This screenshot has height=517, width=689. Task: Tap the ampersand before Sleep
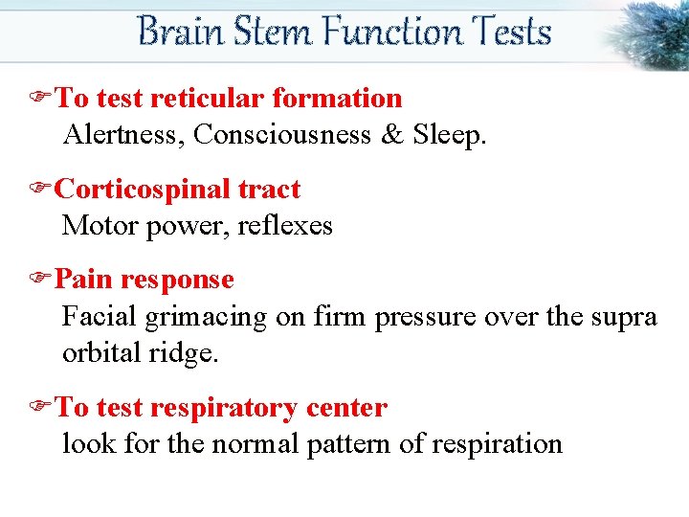click(x=392, y=135)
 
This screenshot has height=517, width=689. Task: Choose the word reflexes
click(x=293, y=226)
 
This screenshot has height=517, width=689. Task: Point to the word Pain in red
click(x=82, y=280)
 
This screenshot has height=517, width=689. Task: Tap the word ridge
click(x=188, y=353)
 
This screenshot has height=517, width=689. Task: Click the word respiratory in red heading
click(x=224, y=408)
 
